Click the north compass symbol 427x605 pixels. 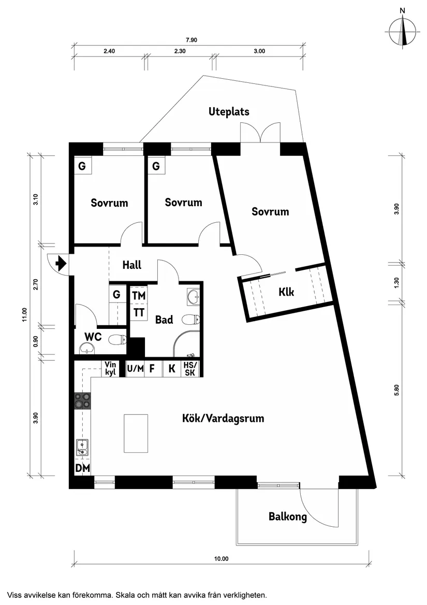click(x=403, y=32)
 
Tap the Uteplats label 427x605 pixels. click(x=229, y=111)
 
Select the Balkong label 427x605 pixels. click(x=287, y=516)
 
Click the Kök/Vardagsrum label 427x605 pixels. click(x=223, y=418)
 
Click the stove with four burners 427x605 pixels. click(x=82, y=400)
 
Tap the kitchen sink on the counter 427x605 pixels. click(x=82, y=447)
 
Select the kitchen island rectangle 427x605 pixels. click(x=136, y=434)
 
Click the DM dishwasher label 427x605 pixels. click(x=82, y=468)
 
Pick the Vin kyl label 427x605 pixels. click(x=110, y=368)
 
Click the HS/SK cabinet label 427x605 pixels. click(x=189, y=368)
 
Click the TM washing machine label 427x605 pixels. click(x=138, y=295)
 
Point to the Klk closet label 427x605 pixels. click(x=286, y=292)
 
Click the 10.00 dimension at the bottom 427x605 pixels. click(x=221, y=558)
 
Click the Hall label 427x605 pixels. click(x=132, y=265)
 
